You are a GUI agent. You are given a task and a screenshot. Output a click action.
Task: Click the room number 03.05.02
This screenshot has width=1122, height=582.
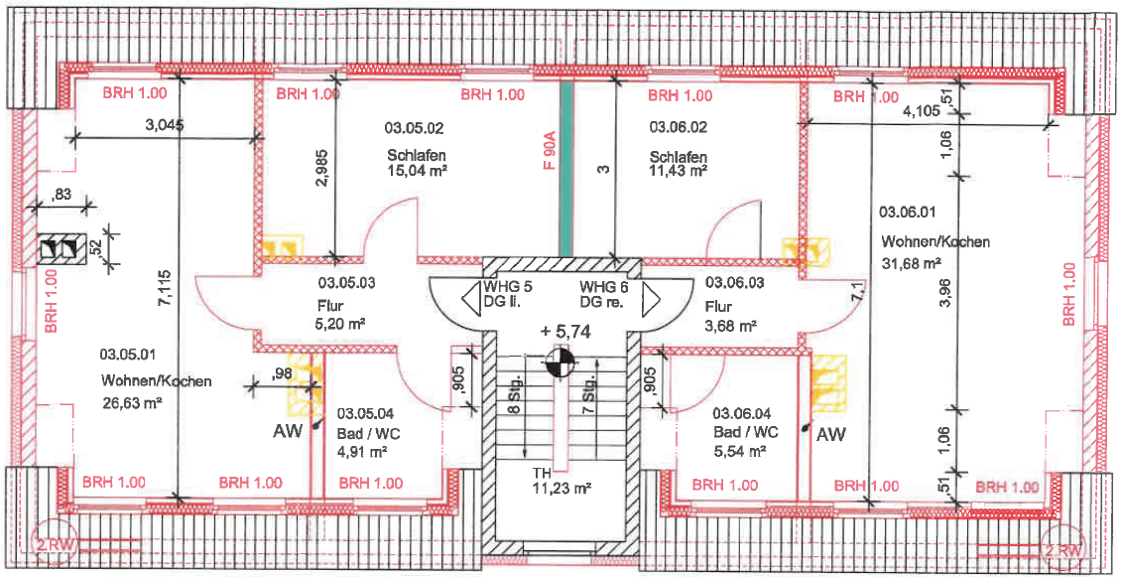point(414,127)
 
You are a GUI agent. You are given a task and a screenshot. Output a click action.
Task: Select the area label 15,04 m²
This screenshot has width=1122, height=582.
point(416,171)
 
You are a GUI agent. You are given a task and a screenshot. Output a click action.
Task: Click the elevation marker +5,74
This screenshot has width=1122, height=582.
point(565,332)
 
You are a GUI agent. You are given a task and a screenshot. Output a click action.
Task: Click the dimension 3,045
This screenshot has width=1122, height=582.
point(165,125)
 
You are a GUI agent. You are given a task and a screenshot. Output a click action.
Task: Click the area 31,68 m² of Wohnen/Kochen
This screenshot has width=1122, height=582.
point(911,263)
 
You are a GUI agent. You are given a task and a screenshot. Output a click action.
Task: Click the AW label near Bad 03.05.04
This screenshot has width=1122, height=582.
point(288,431)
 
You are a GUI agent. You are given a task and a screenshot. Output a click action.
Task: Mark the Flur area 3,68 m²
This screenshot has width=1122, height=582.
point(730,325)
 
